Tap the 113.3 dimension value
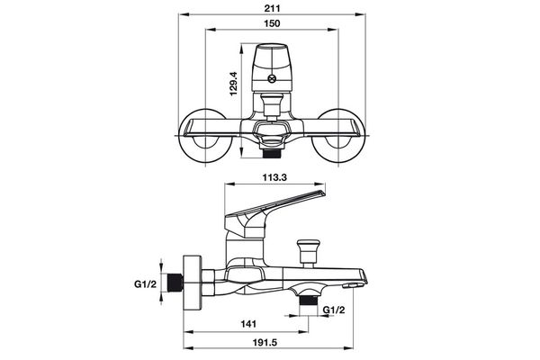point(273,177)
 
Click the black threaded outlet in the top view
point(273,150)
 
